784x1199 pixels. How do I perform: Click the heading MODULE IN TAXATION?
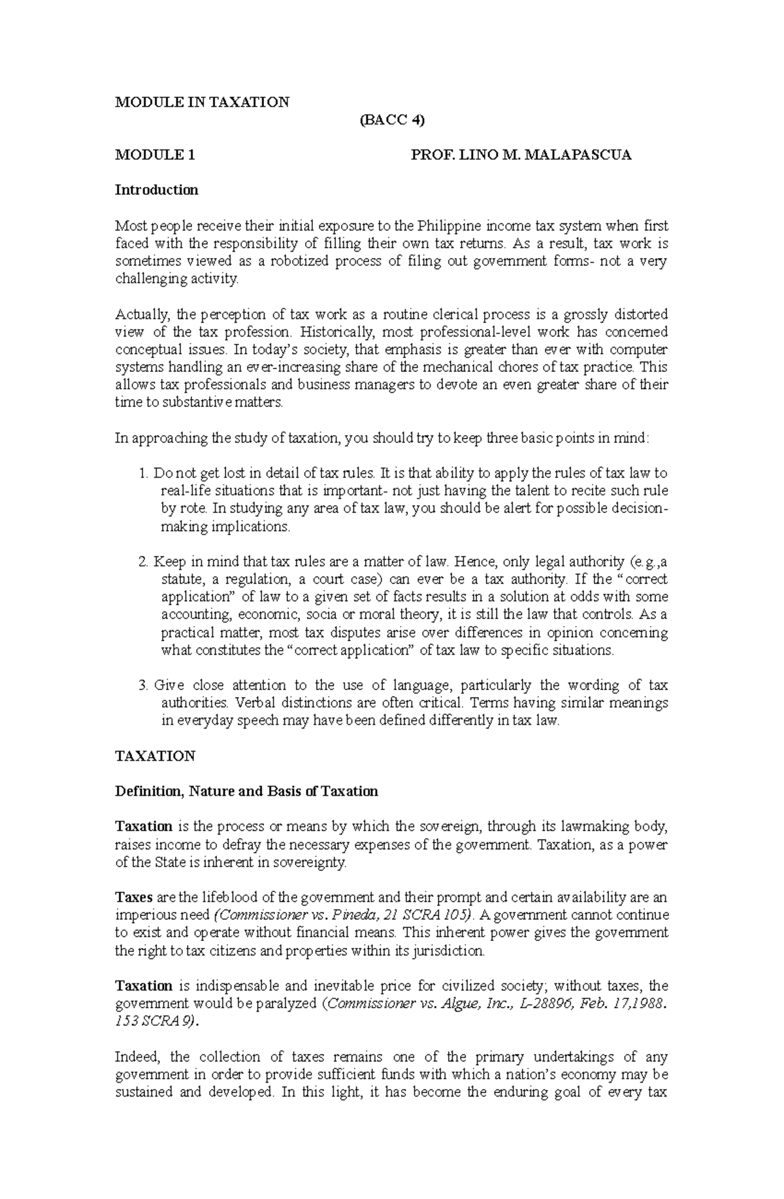[x=202, y=102]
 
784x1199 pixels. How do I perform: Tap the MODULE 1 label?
[x=155, y=156]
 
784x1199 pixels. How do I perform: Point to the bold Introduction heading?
[x=156, y=190]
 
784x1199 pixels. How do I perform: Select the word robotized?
[x=301, y=261]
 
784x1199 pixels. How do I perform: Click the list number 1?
[x=144, y=473]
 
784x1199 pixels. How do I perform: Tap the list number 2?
[x=144, y=561]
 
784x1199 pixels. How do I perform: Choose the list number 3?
[x=144, y=685]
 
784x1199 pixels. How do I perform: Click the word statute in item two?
[x=179, y=580]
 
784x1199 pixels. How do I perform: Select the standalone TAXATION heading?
[x=155, y=756]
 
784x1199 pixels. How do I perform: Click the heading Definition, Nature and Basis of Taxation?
[x=246, y=791]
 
